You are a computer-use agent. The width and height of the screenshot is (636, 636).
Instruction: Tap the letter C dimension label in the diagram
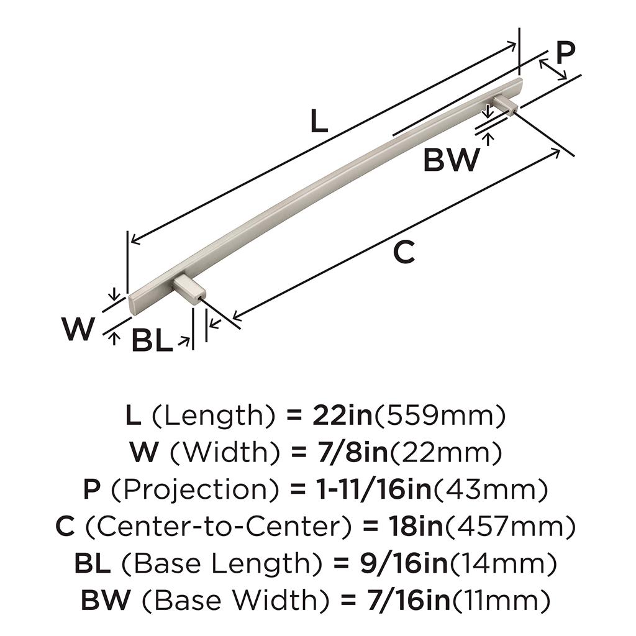404,252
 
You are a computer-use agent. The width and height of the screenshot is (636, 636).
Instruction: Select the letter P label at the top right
566,53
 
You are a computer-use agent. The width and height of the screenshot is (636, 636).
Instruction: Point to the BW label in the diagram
451,160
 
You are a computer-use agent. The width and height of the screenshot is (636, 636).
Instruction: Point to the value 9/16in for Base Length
404,563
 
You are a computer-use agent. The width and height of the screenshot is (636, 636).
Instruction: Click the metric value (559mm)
440,416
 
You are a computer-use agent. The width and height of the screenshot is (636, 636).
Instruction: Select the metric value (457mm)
511,527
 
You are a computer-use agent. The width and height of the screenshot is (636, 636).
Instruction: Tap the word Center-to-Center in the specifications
218,527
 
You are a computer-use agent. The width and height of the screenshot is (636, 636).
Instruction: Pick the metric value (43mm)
491,489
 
